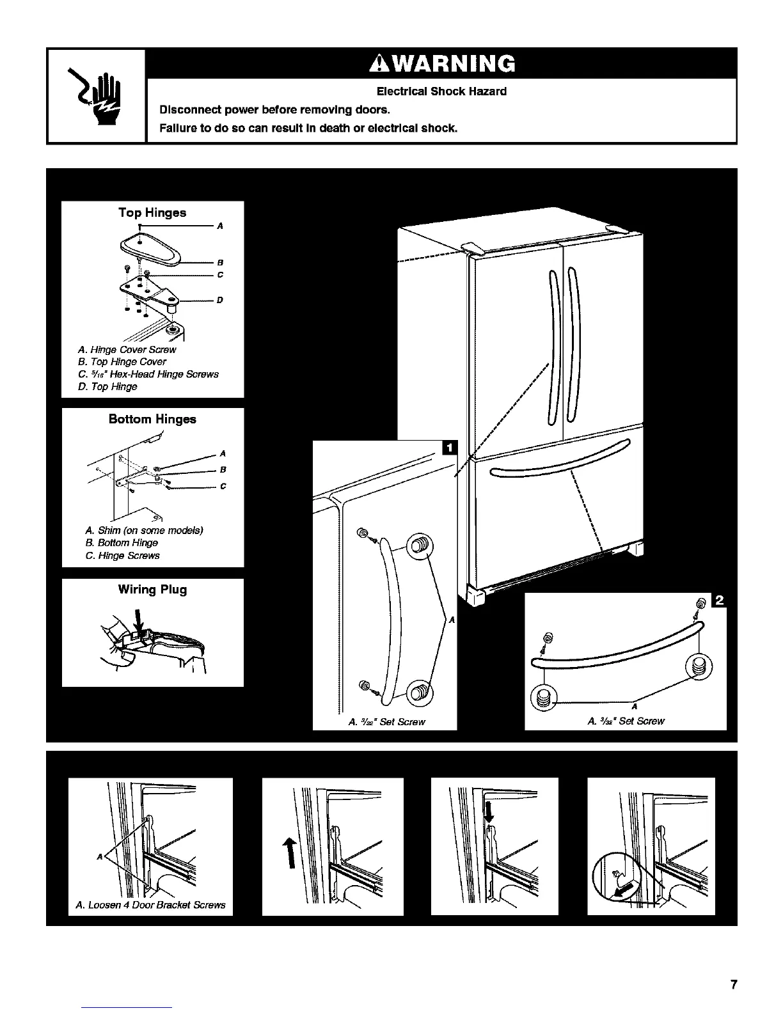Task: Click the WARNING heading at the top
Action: point(441,64)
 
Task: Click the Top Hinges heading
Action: point(152,213)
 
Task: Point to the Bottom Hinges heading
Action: point(152,420)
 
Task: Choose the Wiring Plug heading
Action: point(152,590)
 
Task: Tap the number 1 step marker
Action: point(450,447)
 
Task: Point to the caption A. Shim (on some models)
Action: point(144,531)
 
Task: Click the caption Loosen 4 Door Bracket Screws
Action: point(150,906)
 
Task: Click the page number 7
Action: point(734,985)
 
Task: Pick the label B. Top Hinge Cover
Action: point(122,362)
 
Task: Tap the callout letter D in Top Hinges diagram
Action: point(219,300)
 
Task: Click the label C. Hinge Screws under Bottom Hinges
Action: point(122,556)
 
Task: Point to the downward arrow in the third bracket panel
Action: point(489,813)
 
